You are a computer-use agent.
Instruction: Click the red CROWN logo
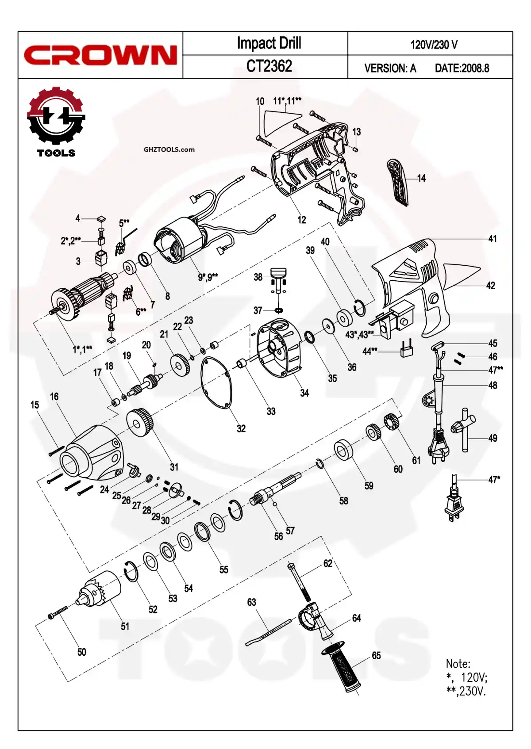coord(100,55)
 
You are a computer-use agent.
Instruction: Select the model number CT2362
coord(269,66)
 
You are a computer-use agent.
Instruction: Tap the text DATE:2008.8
coord(462,68)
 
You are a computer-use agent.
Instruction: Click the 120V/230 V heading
coord(434,45)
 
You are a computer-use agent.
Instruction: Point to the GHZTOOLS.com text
coord(169,149)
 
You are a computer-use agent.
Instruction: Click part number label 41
coord(493,239)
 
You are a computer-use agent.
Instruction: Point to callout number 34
coord(304,393)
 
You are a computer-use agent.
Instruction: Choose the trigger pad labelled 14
coord(398,181)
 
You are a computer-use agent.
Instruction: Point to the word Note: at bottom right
coord(458,664)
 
